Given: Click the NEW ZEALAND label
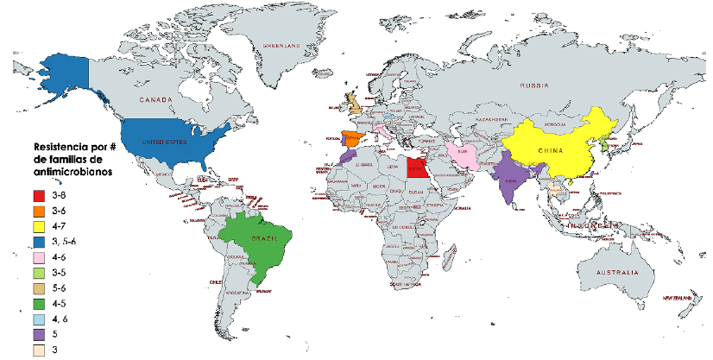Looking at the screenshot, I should pos(679,298).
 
